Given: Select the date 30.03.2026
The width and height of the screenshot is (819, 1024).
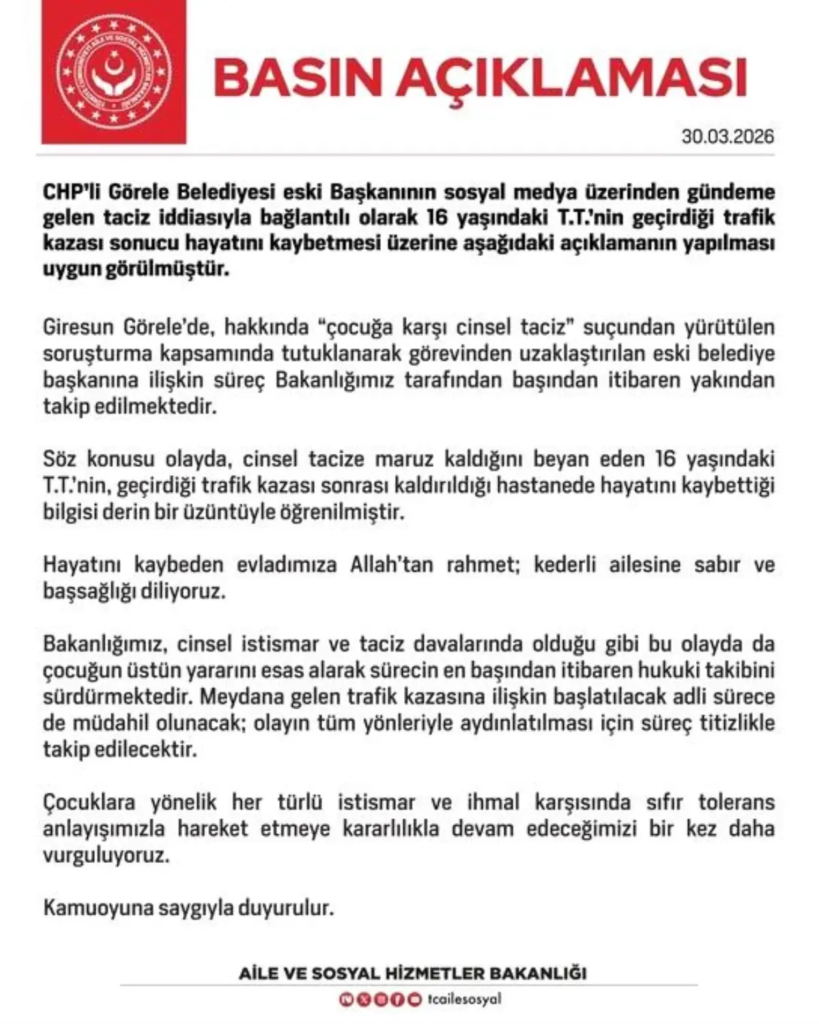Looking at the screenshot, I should pos(728,136).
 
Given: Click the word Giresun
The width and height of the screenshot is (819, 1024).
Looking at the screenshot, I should pos(76,327).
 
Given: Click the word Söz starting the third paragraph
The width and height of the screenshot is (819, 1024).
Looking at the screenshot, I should pos(60,458).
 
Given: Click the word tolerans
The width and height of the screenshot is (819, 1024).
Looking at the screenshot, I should pos(736,801).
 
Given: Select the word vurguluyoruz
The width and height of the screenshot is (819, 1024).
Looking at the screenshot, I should pos(106,855).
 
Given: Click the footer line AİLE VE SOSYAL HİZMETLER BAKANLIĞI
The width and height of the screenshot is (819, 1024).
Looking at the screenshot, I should pos(412,973).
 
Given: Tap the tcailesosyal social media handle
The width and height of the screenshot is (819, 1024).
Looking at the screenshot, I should pos(465,999).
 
